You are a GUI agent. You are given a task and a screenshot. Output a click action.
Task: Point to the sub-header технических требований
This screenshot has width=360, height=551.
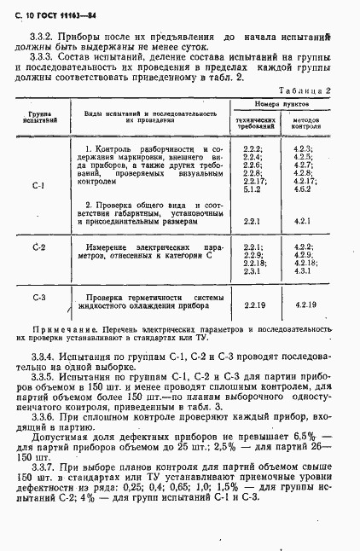pos(255,125)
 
